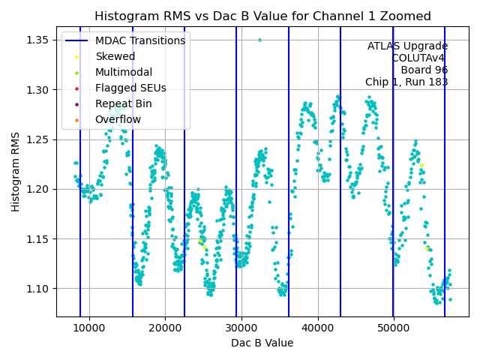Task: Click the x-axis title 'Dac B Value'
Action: [x=262, y=343]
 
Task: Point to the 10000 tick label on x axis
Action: [x=89, y=329]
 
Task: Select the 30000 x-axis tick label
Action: [x=241, y=329]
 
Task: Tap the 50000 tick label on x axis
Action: [x=394, y=329]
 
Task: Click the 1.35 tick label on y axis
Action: [x=39, y=40]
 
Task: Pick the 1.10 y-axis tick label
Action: [x=39, y=289]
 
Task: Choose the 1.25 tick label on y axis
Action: [x=39, y=139]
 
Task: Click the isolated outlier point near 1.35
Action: [x=259, y=40]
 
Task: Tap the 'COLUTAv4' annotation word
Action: [x=420, y=58]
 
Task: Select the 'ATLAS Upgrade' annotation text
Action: [x=408, y=46]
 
